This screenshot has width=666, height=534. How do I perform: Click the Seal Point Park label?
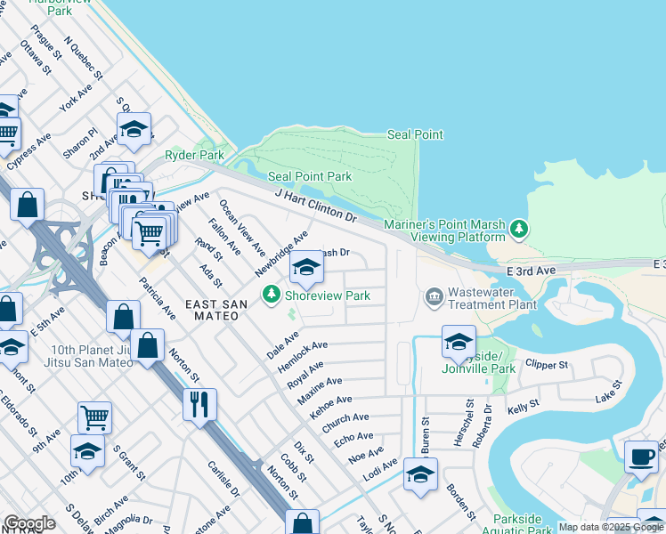point(310,177)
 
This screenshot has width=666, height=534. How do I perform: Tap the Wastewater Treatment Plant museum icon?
point(434,295)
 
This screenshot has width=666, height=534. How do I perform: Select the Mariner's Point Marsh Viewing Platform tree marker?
point(519,231)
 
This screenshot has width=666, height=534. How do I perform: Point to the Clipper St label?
point(547,365)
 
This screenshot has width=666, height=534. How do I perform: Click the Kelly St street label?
point(524,406)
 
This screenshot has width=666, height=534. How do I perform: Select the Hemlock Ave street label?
point(303,352)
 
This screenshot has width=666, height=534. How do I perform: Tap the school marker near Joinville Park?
point(459,341)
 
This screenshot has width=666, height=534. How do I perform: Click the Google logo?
point(29,523)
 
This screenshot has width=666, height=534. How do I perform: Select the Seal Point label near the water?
point(415,134)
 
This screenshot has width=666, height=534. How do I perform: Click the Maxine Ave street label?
point(320,388)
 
